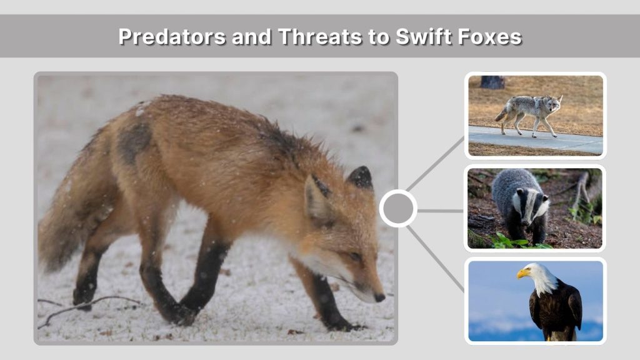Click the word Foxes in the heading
(489, 36)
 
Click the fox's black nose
(379, 297)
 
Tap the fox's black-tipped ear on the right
(361, 177)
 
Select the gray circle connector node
(398, 209)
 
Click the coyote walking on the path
(528, 112)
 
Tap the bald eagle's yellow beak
(523, 273)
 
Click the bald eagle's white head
(539, 275)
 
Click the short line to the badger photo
(441, 211)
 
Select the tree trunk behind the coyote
(492, 82)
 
